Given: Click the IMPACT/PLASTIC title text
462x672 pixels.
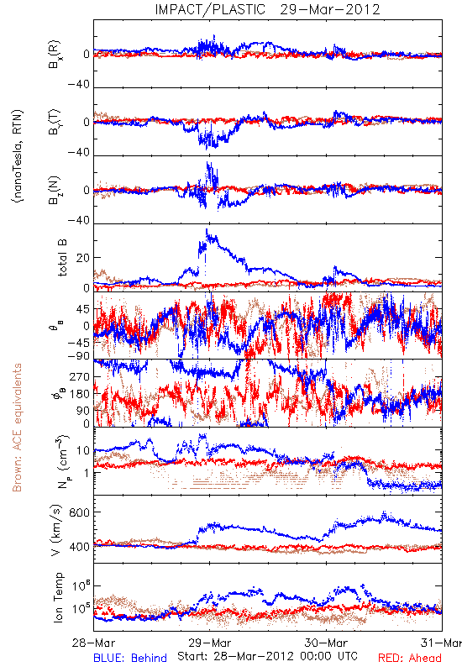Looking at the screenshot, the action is click(210, 9).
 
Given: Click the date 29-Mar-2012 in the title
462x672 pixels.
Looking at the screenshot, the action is click(330, 9).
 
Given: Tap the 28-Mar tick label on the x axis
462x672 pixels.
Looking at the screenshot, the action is click(93, 643).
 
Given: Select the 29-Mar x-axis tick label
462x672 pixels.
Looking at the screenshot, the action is click(209, 643).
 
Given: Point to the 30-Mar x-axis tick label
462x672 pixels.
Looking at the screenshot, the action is click(326, 643).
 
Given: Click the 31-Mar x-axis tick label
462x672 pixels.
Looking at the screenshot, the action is click(441, 643).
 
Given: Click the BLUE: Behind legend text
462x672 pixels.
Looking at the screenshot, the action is click(130, 658).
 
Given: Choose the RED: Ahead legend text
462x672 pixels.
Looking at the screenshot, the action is click(409, 658).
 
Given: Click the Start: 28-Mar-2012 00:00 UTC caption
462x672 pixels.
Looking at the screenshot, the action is click(267, 656).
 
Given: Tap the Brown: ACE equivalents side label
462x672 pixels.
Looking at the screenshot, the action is click(17, 428).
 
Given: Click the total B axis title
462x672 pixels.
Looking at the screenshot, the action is click(62, 258).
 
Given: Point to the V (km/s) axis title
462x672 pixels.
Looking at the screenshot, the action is click(56, 530).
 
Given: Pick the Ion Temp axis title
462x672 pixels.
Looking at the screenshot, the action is click(58, 597).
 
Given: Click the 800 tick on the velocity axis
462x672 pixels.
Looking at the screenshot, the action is click(80, 512).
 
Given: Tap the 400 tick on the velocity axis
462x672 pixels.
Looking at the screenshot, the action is click(80, 547).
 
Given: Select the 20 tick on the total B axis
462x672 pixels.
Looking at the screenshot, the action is click(83, 258).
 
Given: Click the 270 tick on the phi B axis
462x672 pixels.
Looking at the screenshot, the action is click(80, 376).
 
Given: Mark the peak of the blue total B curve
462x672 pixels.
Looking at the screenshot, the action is click(207, 229).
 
